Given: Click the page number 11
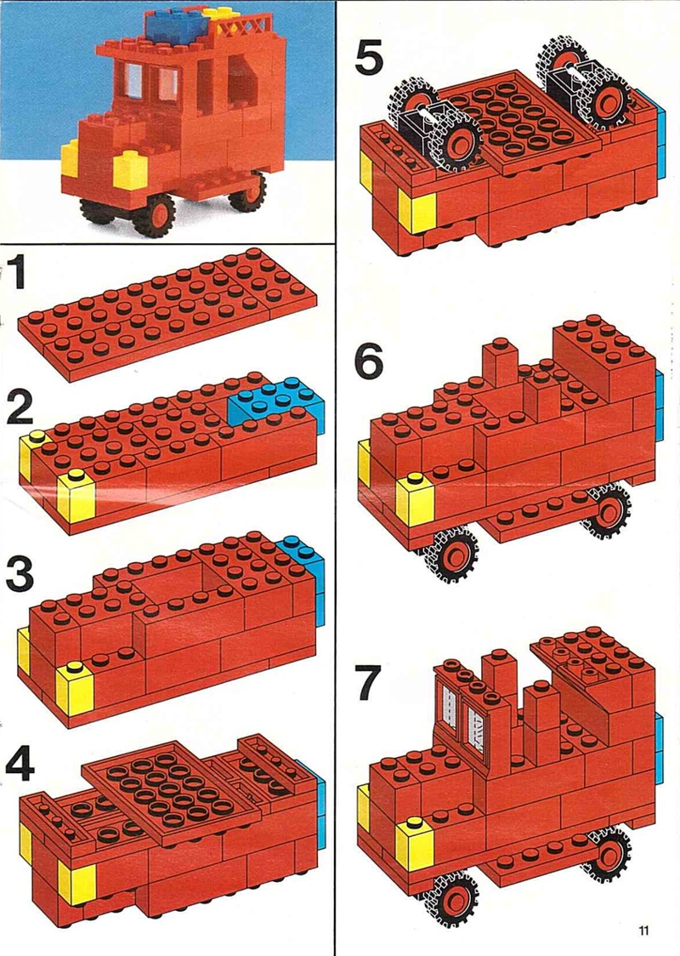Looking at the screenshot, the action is [643, 930].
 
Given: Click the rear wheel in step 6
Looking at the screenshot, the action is [609, 511].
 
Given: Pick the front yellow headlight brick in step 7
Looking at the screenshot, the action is [414, 845].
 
